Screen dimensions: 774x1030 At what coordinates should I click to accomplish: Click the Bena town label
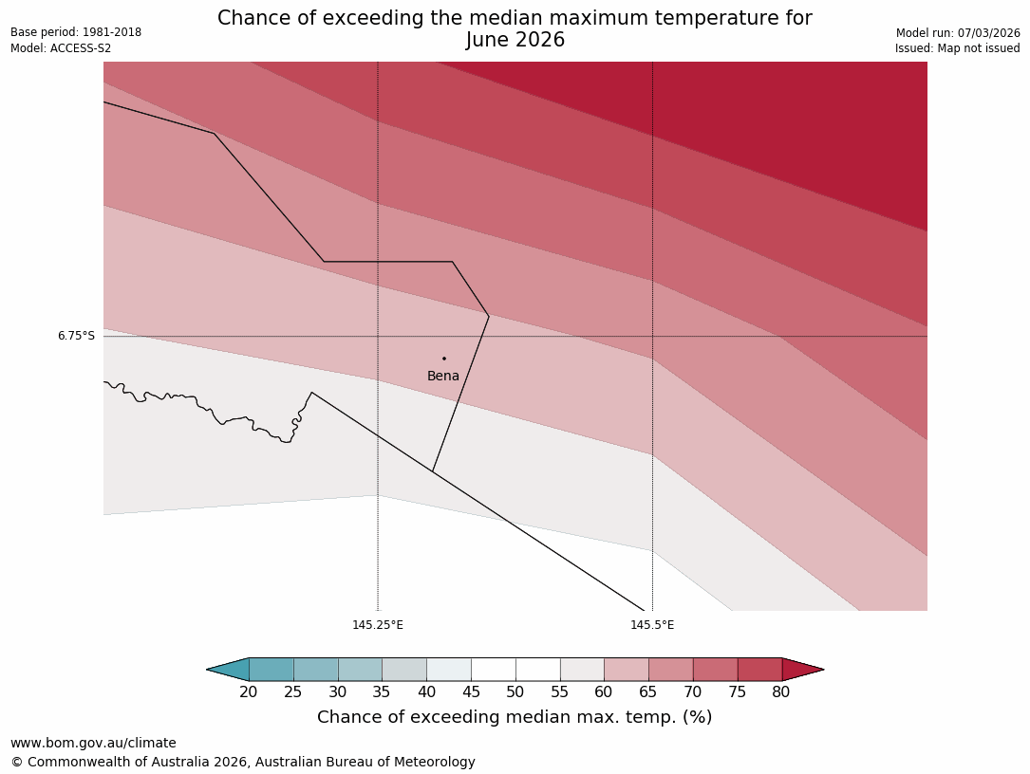click(x=443, y=377)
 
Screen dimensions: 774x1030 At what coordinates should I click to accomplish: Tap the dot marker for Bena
click(x=444, y=359)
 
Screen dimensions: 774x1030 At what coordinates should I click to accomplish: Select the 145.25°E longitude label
click(x=378, y=625)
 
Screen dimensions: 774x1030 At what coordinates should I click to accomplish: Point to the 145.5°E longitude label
click(x=652, y=625)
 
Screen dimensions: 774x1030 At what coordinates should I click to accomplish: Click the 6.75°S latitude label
click(x=76, y=336)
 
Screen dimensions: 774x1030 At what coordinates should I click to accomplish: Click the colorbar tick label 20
click(x=249, y=692)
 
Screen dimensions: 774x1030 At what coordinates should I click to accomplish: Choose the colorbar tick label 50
click(x=515, y=692)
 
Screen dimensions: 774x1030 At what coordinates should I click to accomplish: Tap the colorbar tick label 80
click(x=781, y=692)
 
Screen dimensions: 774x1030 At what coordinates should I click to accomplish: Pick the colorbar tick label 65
click(x=648, y=692)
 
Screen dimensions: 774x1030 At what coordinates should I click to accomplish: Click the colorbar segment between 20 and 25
click(x=272, y=670)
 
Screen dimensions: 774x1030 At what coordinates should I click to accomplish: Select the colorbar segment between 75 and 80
click(x=759, y=670)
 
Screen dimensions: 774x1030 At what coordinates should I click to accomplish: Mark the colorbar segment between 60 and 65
click(x=627, y=670)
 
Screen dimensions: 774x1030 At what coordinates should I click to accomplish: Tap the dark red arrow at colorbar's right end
click(x=801, y=670)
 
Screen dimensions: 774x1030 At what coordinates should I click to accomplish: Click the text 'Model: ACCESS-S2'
click(x=61, y=48)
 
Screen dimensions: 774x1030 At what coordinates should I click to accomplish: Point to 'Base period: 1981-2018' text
click(x=76, y=32)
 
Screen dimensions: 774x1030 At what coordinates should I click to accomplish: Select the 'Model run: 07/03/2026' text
click(x=958, y=32)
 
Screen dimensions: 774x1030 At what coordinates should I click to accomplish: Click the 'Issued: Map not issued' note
click(x=957, y=48)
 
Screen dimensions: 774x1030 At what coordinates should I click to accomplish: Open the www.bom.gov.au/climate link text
click(x=93, y=743)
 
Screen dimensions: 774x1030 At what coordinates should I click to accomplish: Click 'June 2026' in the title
click(x=515, y=40)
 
